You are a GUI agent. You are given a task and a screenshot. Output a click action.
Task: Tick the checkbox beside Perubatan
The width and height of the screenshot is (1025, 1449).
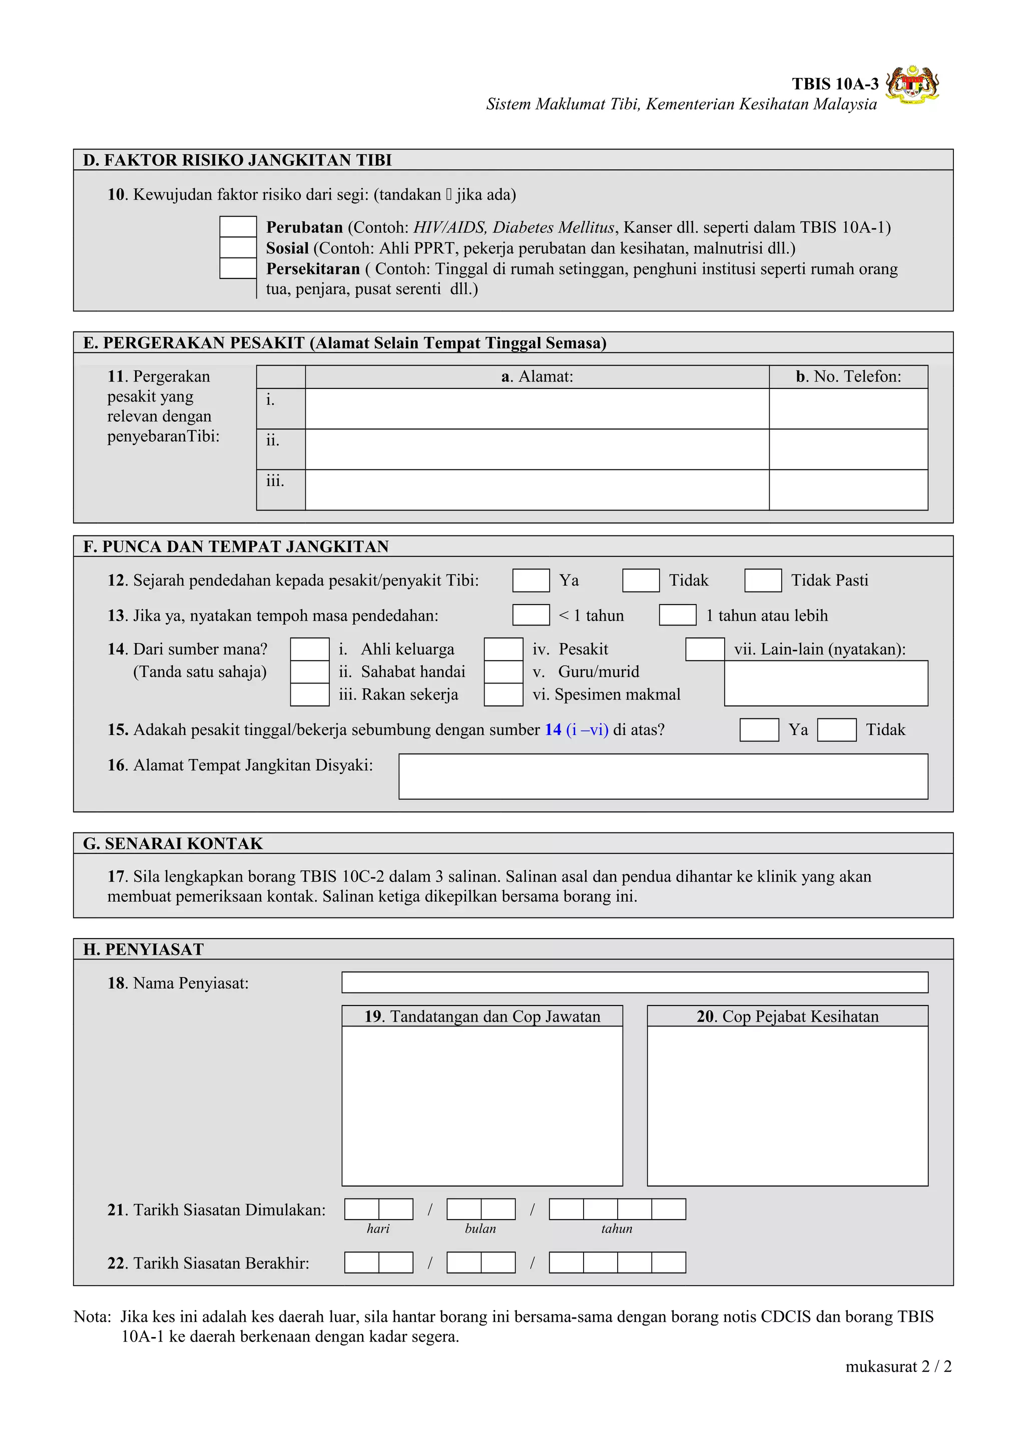tap(238, 226)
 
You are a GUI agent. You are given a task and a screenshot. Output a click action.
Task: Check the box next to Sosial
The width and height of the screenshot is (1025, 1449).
tap(238, 247)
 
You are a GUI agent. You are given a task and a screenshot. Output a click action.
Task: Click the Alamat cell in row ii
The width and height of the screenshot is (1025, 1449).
tap(537, 449)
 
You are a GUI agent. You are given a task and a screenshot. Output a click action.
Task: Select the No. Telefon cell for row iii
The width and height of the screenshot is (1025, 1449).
tap(848, 489)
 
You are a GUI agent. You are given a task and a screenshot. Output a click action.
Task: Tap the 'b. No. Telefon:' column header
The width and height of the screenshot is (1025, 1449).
tap(848, 377)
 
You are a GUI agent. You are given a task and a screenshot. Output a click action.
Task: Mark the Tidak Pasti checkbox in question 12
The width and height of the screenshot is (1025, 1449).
tap(763, 580)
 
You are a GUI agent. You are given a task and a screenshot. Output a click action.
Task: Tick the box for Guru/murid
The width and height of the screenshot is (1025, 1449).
tap(503, 671)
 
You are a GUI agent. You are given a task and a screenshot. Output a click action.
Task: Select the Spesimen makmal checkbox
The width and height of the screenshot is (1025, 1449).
tap(503, 694)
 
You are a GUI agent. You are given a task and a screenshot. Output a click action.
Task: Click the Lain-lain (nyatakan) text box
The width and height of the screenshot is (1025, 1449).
tap(826, 683)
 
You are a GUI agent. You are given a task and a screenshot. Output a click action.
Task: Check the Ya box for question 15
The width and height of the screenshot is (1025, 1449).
tap(759, 729)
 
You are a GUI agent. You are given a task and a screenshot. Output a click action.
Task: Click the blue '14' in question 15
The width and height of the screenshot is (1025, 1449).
tap(553, 729)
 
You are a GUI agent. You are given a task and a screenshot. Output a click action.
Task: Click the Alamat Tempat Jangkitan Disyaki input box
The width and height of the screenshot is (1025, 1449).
tap(663, 776)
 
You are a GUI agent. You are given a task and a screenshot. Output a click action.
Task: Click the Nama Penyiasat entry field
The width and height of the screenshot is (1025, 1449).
tap(635, 982)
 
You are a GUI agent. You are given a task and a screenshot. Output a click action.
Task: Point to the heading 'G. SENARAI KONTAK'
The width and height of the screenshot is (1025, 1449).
tap(173, 844)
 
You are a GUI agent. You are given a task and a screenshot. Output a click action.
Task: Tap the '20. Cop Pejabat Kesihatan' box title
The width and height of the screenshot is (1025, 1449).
tap(788, 1016)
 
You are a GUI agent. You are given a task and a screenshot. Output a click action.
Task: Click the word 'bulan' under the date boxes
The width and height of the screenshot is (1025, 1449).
tap(480, 1228)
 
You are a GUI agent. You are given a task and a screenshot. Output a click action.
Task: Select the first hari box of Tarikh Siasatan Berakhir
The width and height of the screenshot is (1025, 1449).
tap(362, 1263)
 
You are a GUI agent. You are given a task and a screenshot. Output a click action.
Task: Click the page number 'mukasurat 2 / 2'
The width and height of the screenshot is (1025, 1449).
tap(898, 1366)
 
